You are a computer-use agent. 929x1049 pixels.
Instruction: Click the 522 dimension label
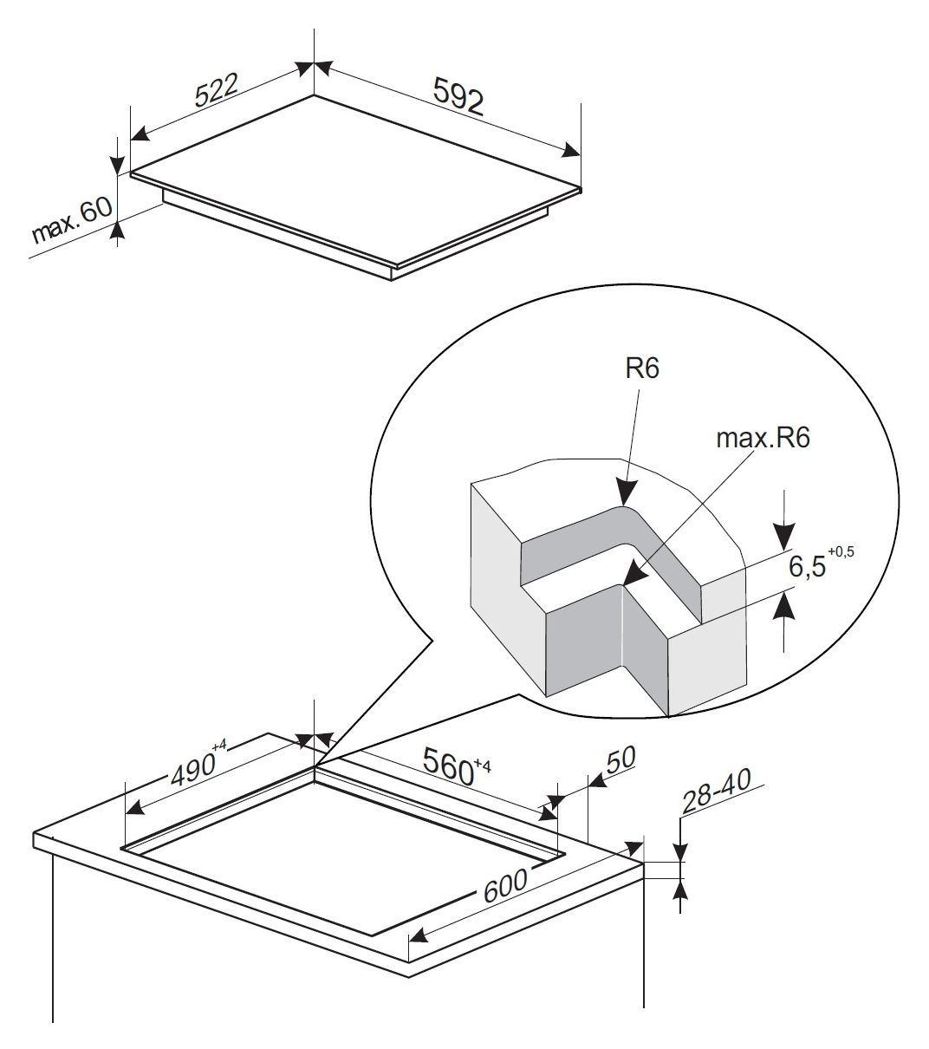click(216, 91)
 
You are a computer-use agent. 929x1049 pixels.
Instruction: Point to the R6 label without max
click(642, 369)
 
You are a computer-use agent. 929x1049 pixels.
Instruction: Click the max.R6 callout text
click(763, 439)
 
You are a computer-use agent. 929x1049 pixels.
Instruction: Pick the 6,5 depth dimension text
click(807, 566)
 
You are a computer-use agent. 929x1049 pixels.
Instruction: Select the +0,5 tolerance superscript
click(841, 552)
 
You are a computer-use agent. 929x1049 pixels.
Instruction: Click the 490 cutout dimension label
click(192, 770)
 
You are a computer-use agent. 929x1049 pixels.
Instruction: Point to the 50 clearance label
click(620, 759)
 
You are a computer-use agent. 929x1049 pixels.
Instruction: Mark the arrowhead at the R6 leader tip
click(627, 492)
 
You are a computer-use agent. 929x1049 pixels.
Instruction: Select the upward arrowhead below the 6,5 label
click(784, 606)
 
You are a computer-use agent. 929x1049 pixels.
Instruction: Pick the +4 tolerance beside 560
click(482, 765)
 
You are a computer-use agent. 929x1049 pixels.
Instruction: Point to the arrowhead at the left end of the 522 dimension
click(140, 134)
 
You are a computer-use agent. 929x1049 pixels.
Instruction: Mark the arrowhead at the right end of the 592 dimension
click(571, 150)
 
